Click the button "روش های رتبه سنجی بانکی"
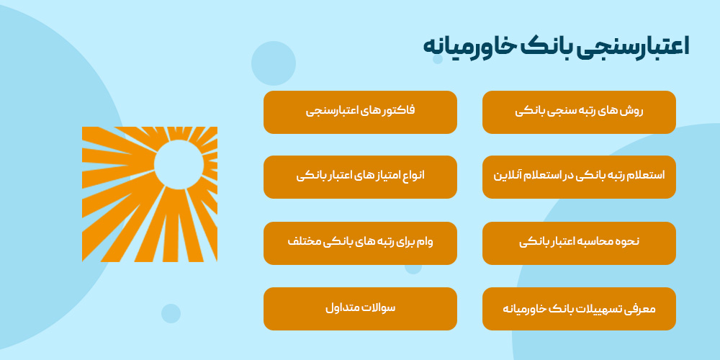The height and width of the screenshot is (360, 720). click(x=579, y=112)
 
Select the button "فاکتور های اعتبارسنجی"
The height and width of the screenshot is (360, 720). click(x=360, y=112)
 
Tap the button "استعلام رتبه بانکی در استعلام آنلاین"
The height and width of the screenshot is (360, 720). click(x=579, y=176)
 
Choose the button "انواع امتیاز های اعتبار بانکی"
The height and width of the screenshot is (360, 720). click(x=360, y=176)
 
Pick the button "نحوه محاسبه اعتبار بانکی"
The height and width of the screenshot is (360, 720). click(x=579, y=243)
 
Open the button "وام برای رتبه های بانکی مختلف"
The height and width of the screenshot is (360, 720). click(x=360, y=243)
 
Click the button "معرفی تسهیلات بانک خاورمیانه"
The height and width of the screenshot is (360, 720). click(x=579, y=309)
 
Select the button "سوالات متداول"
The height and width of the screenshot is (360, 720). click(x=360, y=309)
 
